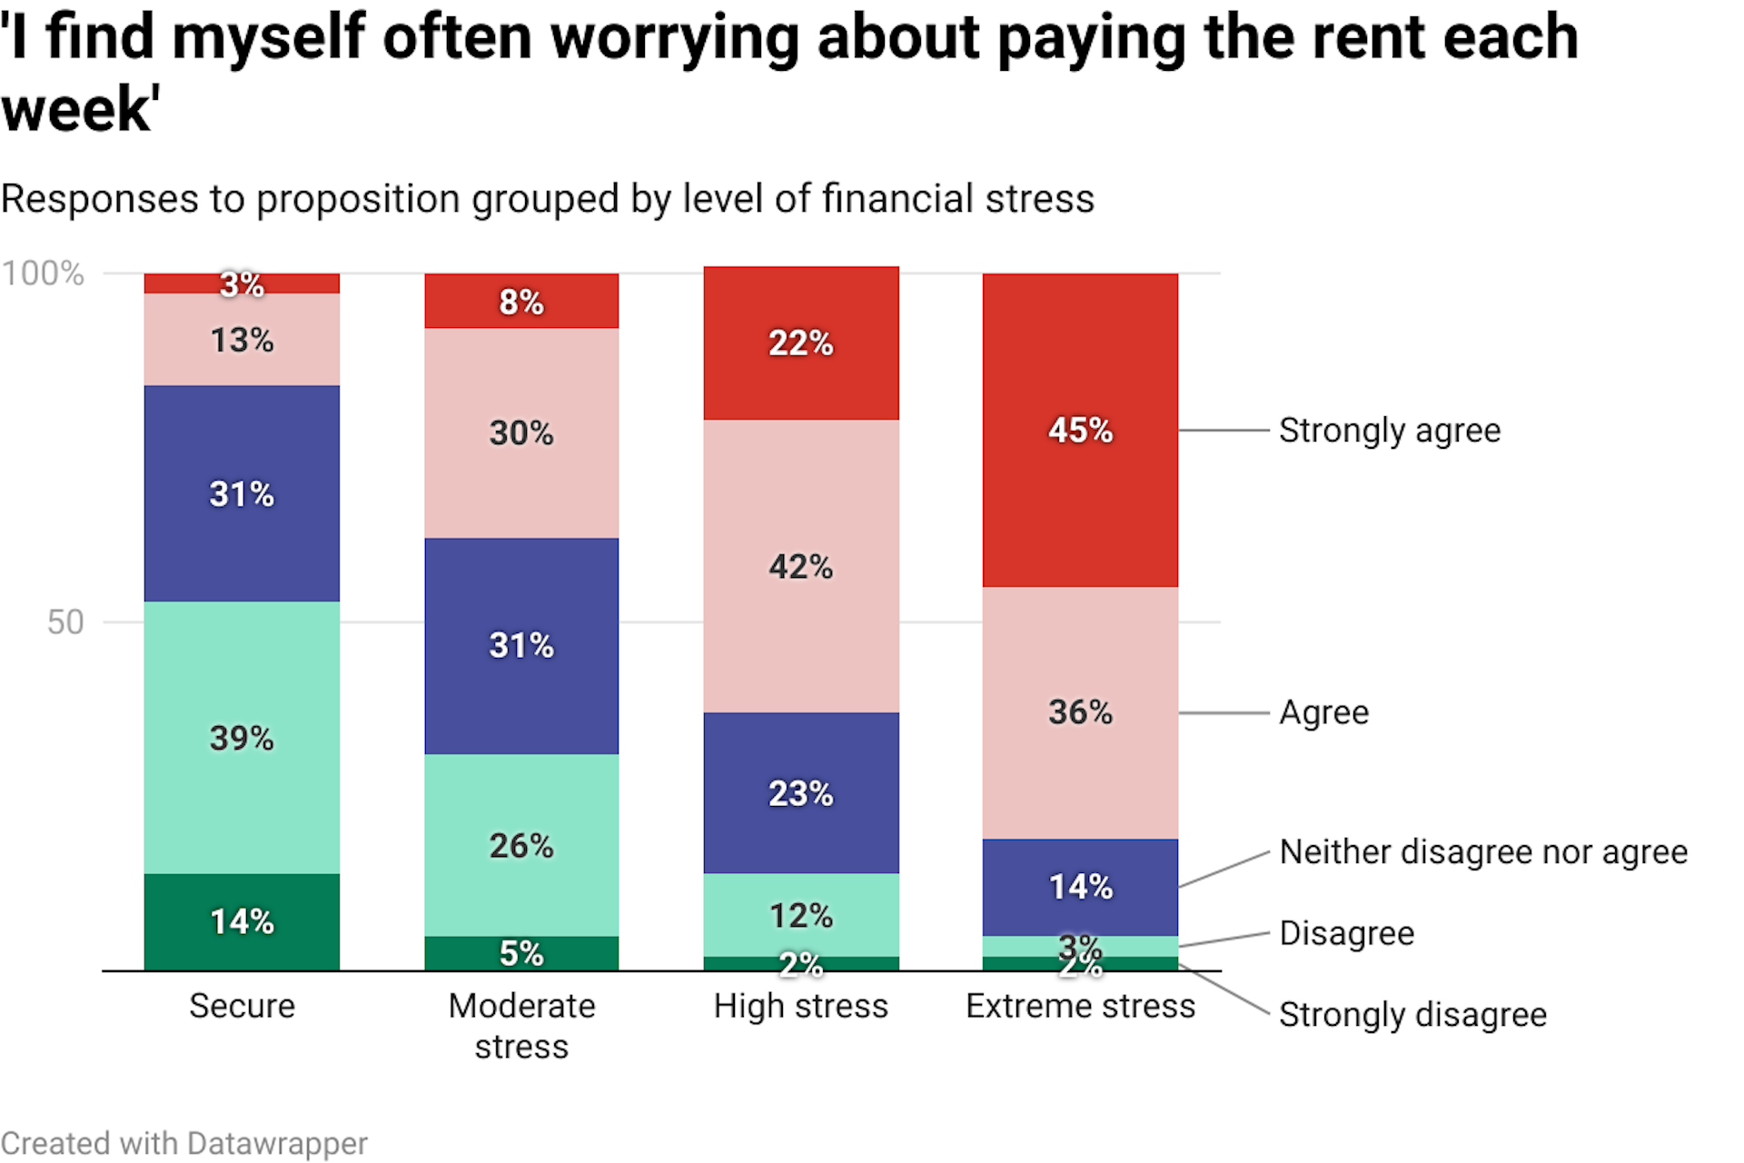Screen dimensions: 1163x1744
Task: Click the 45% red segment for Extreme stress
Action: [1080, 430]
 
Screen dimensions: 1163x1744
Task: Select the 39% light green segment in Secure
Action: [242, 737]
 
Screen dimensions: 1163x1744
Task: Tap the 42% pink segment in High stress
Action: [800, 566]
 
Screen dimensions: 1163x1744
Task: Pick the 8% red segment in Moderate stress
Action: [521, 301]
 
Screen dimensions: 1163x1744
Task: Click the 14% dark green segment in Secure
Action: [242, 921]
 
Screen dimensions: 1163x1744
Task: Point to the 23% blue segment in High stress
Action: [800, 793]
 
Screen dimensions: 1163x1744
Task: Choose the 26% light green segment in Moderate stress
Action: [521, 845]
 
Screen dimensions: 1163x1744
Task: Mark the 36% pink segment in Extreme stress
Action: [1080, 711]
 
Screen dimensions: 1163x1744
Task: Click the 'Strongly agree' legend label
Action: [1389, 431]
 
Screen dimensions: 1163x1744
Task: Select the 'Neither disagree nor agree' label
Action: [1482, 852]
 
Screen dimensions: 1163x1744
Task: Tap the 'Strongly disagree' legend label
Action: [1412, 1014]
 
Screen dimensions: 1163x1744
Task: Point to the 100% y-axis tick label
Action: [43, 273]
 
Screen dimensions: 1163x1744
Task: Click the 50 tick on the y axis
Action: [64, 622]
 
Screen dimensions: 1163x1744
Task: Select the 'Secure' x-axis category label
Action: [242, 1006]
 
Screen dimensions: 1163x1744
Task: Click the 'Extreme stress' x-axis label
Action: [1080, 1006]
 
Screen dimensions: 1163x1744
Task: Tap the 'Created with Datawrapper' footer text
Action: [183, 1143]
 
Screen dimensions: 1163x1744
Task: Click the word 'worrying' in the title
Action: [674, 38]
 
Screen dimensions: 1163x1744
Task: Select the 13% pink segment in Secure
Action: [242, 340]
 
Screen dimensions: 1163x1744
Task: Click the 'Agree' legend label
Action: [1323, 712]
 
